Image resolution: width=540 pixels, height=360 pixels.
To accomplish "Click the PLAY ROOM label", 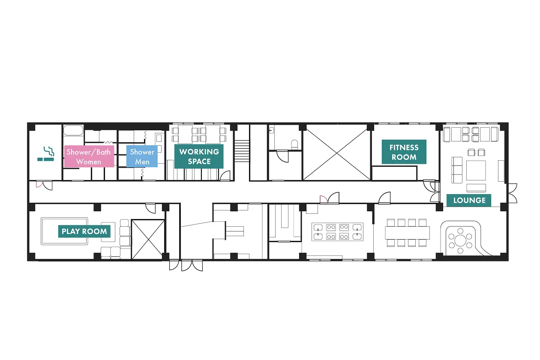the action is (x=84, y=231).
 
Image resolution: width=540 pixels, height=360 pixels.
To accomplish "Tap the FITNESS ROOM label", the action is (x=404, y=152).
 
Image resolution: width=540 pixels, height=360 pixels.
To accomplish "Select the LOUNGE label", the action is (x=469, y=200).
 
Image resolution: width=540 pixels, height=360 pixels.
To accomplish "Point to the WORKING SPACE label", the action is (x=199, y=156).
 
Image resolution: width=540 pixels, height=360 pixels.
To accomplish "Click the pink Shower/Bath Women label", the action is (x=89, y=156).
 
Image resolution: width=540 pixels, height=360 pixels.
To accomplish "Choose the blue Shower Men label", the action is (x=142, y=156).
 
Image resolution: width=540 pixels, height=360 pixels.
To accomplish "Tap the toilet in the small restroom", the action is (x=294, y=145).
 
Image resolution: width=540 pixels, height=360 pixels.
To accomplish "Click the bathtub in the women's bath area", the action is (x=74, y=130).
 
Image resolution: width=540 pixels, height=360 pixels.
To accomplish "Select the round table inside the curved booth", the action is (x=460, y=240).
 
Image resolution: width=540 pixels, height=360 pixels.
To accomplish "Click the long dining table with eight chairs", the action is (x=408, y=233).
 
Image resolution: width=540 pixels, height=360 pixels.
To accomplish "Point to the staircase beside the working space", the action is (x=242, y=151).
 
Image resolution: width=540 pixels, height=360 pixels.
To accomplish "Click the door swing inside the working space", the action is (x=225, y=176).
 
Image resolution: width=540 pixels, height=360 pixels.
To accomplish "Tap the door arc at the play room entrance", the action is (x=150, y=209).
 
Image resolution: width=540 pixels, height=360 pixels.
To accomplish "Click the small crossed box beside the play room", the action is (x=148, y=239).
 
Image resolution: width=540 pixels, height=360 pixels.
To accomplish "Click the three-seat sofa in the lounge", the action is (x=457, y=170).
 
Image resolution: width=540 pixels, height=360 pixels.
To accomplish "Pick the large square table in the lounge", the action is (x=476, y=171).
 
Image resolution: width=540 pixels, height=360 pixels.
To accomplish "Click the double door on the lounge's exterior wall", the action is (x=513, y=193).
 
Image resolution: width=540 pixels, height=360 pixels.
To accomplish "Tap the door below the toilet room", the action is (x=282, y=156).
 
